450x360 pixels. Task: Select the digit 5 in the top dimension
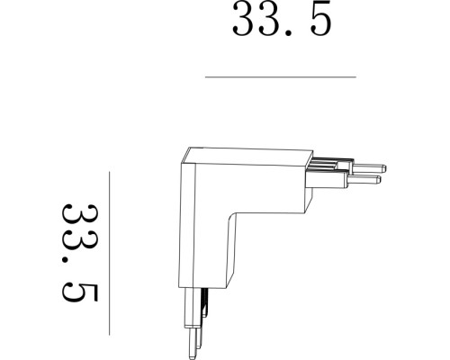(x=320, y=20)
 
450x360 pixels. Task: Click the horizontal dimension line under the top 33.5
(x=280, y=77)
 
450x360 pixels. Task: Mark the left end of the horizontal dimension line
(x=206, y=77)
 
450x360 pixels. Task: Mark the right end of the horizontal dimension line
(x=355, y=77)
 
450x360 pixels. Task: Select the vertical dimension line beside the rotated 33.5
(x=108, y=251)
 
